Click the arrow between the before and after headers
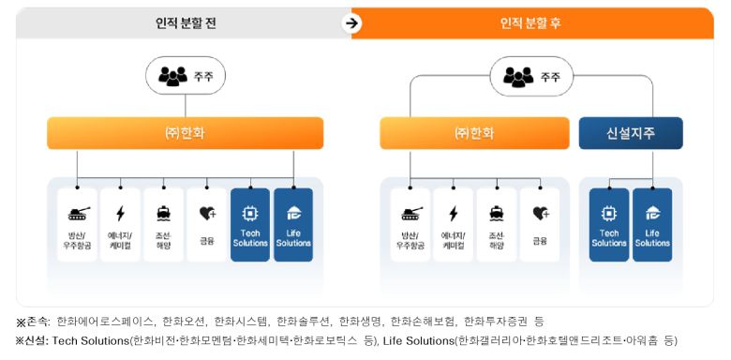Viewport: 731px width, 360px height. point(352,23)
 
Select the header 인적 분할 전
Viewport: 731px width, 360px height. point(185,22)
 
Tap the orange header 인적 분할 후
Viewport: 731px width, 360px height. point(530,22)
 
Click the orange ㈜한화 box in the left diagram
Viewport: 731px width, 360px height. point(185,133)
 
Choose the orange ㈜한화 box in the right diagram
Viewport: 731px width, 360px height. point(473,133)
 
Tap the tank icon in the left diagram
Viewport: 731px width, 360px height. point(77,213)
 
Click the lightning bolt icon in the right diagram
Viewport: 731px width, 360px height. point(454,213)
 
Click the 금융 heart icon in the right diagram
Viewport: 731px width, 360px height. point(540,213)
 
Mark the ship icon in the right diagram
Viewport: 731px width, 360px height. point(497,213)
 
